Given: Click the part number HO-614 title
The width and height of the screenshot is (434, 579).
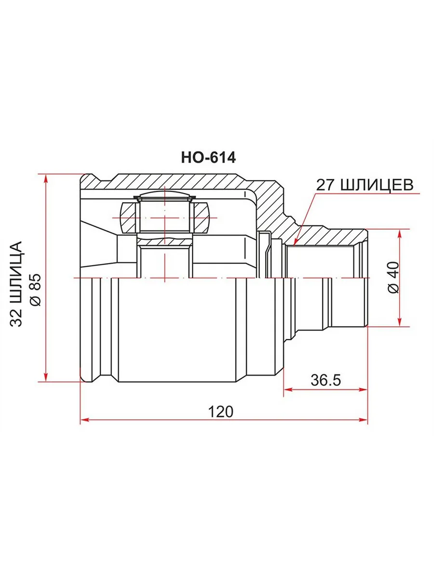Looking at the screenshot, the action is (x=208, y=158).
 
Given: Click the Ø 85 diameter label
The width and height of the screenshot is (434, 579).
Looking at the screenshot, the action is (x=36, y=290).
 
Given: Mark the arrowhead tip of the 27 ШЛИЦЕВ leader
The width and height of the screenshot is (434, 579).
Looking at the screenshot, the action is (x=294, y=244).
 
